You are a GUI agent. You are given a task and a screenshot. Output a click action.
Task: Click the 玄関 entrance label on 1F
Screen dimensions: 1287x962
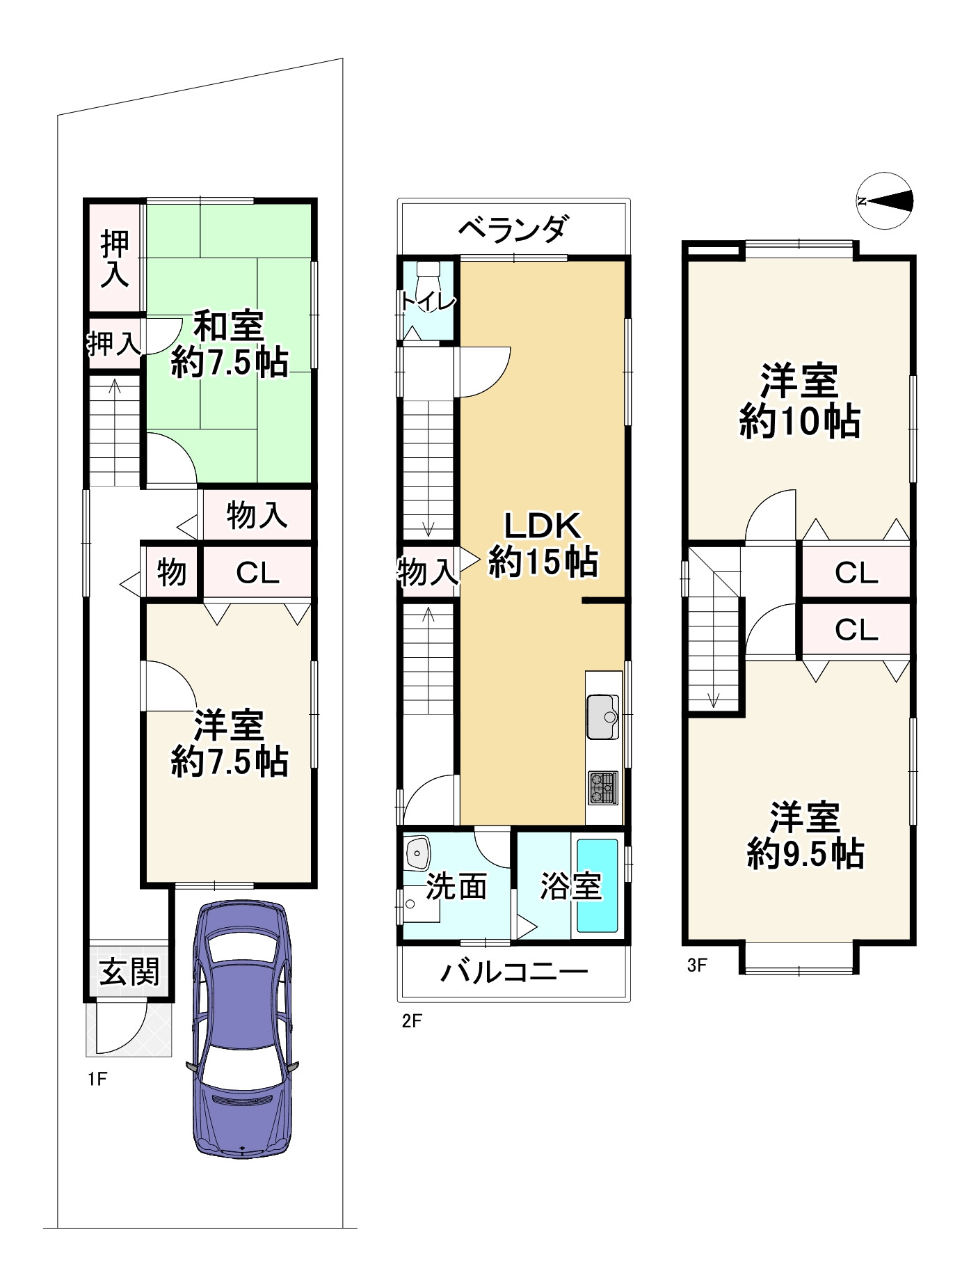129,972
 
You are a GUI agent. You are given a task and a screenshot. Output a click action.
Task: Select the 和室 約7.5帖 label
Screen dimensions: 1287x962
230,344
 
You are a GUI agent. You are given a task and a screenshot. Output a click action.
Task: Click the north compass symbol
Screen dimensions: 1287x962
884,201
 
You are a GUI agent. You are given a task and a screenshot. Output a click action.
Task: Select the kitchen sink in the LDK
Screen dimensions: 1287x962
603,716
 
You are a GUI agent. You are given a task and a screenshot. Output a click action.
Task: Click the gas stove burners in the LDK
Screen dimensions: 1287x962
603,788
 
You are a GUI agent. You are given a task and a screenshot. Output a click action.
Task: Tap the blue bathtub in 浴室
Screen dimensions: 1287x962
597,885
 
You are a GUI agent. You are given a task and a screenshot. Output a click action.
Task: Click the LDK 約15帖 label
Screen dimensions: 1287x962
543,543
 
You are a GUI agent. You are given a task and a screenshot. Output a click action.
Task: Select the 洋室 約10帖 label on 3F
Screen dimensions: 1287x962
799,402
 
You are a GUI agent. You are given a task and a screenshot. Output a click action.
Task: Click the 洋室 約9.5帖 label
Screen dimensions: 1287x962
805,835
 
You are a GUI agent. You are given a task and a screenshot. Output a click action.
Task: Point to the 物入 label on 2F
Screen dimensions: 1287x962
427,572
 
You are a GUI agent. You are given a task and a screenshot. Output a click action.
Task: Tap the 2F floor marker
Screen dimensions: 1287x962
412,1021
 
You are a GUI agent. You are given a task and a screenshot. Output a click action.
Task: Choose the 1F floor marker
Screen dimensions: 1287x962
97,1079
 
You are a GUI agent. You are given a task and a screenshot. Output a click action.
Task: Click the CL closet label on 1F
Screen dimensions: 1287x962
257,573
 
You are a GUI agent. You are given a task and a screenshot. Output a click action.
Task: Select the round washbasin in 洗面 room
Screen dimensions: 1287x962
417,851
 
